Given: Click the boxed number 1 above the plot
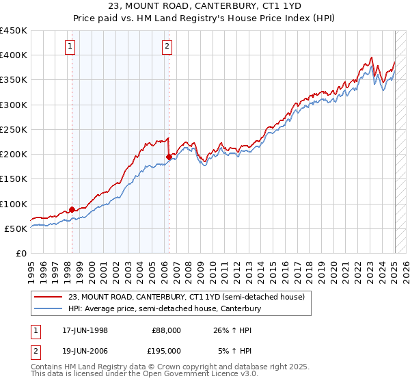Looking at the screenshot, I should click(x=72, y=47).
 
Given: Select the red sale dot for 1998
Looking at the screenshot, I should click(x=72, y=210).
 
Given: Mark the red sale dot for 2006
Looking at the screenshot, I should click(x=169, y=157).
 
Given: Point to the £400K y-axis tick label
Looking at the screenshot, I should click(x=14, y=55).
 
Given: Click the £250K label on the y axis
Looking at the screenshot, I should click(x=14, y=129).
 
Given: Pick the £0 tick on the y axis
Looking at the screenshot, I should click(x=20, y=254).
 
